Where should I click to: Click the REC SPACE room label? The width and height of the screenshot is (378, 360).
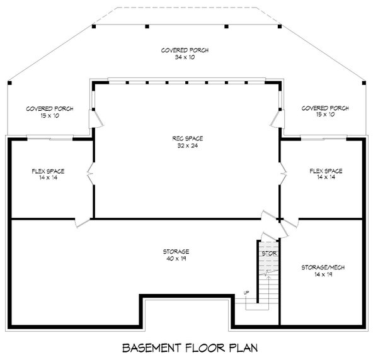pyautogui.click(x=188, y=138)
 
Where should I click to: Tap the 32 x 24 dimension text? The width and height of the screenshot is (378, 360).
pyautogui.click(x=188, y=145)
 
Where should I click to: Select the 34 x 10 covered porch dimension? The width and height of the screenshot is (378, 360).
pyautogui.click(x=185, y=57)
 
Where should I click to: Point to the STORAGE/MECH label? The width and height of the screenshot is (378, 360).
pyautogui.click(x=323, y=267)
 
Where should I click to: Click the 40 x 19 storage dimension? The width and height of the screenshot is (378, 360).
pyautogui.click(x=176, y=259)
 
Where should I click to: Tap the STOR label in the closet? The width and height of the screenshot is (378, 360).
pyautogui.click(x=269, y=254)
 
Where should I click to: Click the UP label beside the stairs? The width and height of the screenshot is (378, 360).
pyautogui.click(x=246, y=293)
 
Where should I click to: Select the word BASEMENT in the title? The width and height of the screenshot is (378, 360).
pyautogui.click(x=152, y=348)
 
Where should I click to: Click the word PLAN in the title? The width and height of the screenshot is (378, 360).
pyautogui.click(x=243, y=348)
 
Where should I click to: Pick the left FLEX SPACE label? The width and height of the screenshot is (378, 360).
pyautogui.click(x=49, y=171)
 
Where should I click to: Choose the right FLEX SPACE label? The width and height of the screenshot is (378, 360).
pyautogui.click(x=326, y=171)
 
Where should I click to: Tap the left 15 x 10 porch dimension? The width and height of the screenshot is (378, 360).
pyautogui.click(x=50, y=116)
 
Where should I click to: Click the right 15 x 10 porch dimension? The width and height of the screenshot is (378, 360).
pyautogui.click(x=325, y=115)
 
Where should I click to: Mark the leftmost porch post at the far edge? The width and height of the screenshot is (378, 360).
pyautogui.click(x=9, y=83)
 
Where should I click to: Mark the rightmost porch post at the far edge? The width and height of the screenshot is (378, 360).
pyautogui.click(x=364, y=83)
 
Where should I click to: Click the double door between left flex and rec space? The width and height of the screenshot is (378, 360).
pyautogui.click(x=91, y=173)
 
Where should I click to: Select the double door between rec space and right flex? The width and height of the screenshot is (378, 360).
pyautogui.click(x=282, y=173)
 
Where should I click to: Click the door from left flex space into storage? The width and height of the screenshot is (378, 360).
pyautogui.click(x=83, y=222)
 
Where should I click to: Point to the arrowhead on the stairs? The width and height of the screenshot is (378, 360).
pyautogui.click(x=268, y=278)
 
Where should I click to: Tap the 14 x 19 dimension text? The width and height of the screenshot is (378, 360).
pyautogui.click(x=323, y=274)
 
